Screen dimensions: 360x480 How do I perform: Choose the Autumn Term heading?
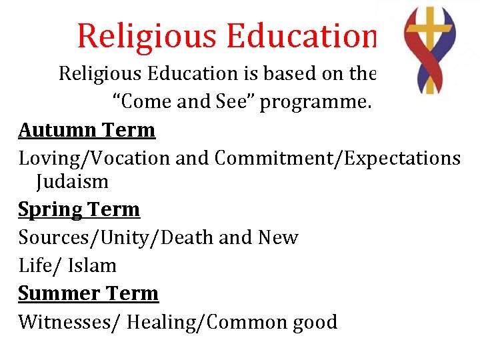point(87,129)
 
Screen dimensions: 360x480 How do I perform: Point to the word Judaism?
point(72,181)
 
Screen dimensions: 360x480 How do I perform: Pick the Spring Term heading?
point(79,209)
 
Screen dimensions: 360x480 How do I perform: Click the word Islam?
point(92,265)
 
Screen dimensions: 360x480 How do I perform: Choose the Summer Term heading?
point(88,293)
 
